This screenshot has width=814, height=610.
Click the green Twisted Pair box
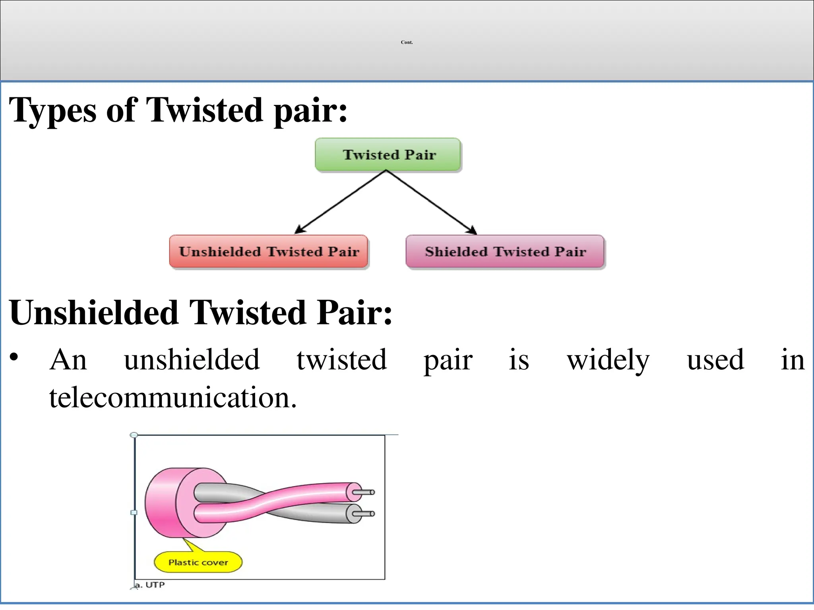tap(388, 154)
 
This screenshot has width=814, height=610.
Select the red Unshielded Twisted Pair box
tap(269, 251)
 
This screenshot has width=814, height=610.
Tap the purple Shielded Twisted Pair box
tap(505, 251)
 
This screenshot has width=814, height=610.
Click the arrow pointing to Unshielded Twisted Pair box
tap(340, 202)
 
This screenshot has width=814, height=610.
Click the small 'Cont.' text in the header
tap(407, 42)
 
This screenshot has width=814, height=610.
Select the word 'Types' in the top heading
tap(52, 110)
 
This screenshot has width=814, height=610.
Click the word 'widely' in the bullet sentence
tap(608, 360)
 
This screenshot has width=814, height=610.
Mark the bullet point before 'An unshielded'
tap(14, 357)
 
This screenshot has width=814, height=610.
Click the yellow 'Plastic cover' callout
tap(198, 562)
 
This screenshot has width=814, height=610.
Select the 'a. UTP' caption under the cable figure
tap(150, 585)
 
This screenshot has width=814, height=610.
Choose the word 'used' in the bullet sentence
tap(715, 360)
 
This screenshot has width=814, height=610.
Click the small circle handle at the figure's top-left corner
tap(134, 435)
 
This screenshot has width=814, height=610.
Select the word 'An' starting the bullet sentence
tap(68, 360)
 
